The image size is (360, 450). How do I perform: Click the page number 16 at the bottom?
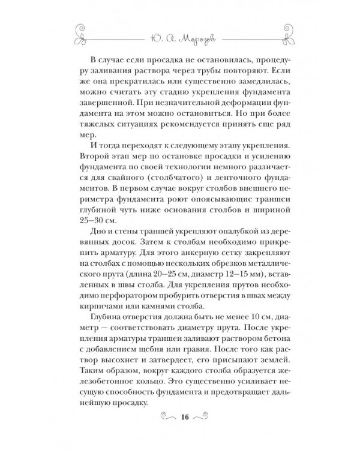click(x=181, y=415)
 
